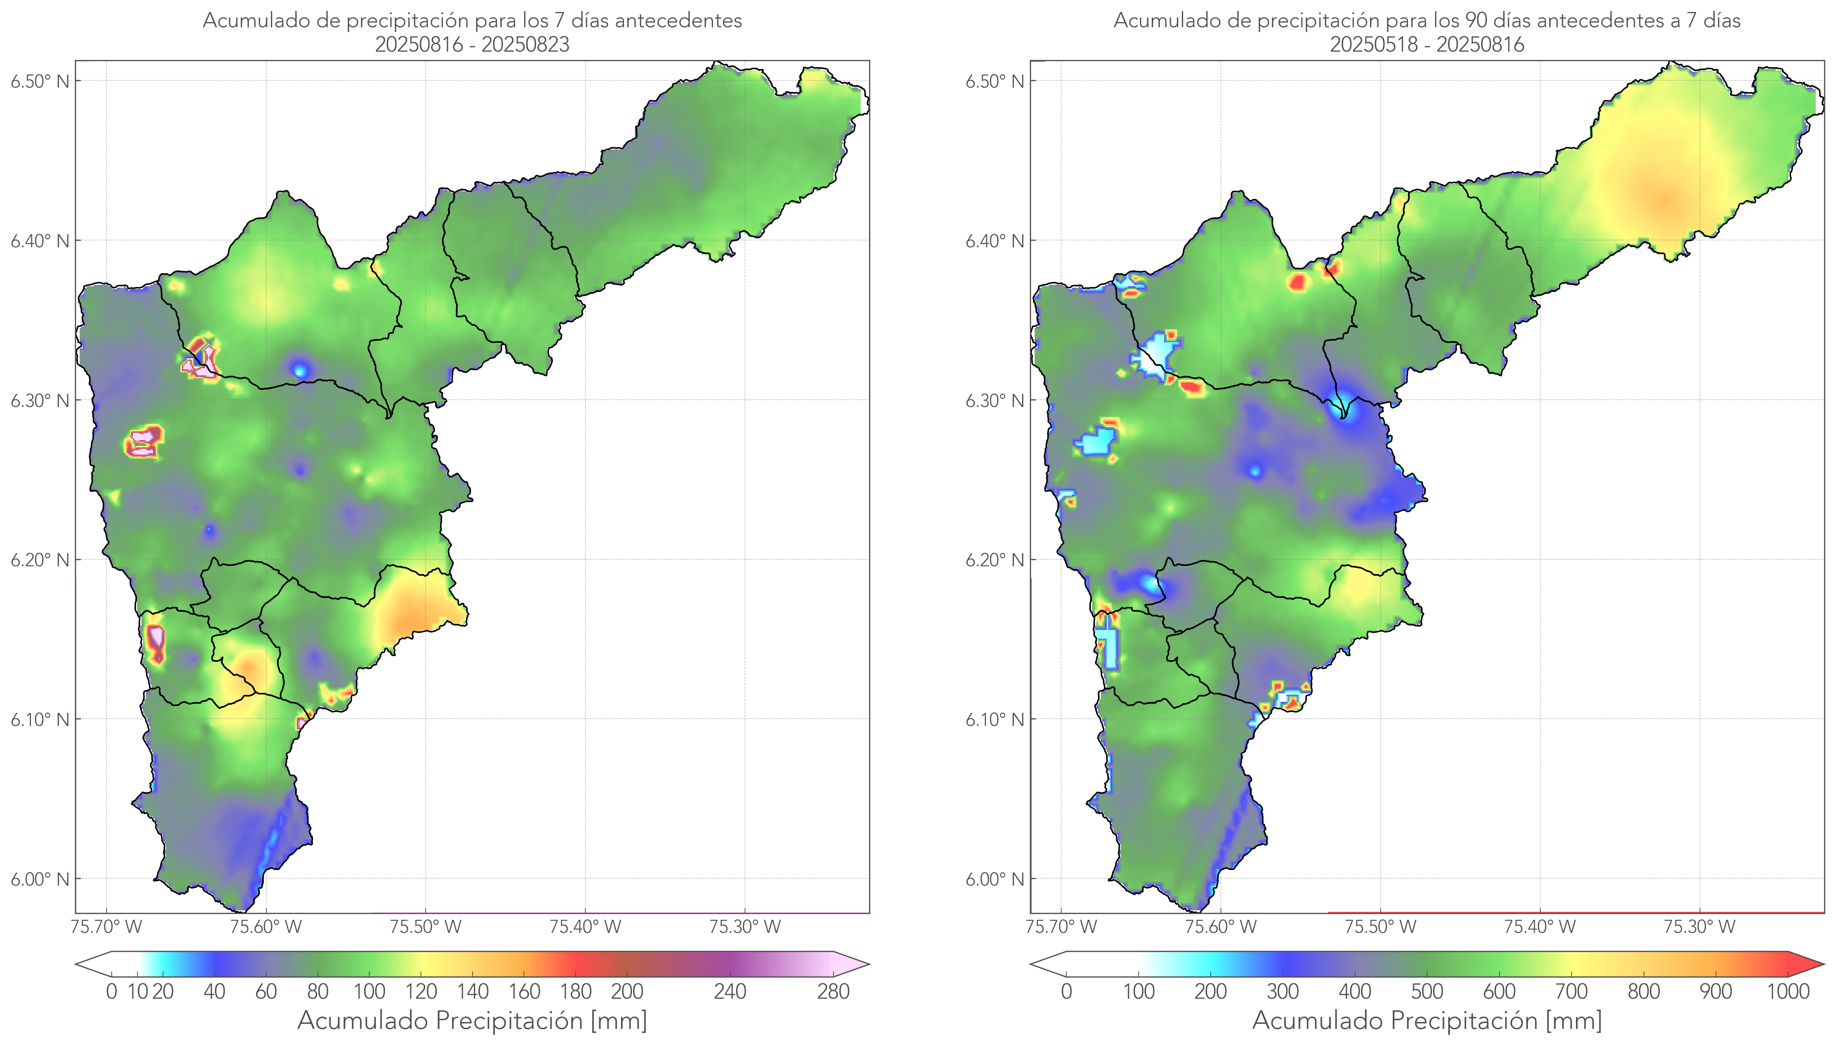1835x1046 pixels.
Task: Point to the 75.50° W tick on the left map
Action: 425,927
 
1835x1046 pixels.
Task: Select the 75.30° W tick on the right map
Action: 1699,927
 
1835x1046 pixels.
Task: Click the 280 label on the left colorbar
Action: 833,992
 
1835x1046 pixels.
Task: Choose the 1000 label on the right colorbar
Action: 1788,992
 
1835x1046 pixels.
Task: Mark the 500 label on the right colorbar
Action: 1427,992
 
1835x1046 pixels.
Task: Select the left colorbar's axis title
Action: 472,1021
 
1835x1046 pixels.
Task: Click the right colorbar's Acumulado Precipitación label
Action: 1427,1021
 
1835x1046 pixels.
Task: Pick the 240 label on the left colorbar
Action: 730,992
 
